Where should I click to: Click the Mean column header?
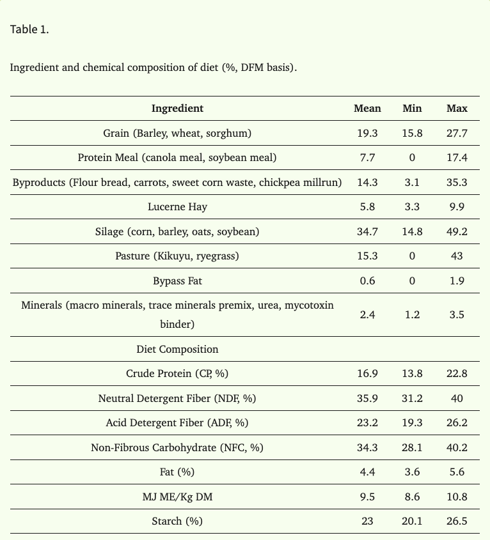coord(367,108)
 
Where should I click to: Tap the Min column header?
coord(412,108)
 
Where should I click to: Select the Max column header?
coord(457,108)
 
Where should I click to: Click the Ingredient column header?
coord(177,109)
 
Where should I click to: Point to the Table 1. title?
coord(29,29)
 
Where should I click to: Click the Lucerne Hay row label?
coord(177,206)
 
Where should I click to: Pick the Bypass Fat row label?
coord(177,281)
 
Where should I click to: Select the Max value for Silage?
coord(457,231)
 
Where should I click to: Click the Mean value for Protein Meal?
coord(367,157)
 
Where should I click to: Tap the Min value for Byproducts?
coord(412,182)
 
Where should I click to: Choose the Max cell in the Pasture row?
coord(457,256)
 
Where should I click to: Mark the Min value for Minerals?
coord(412,314)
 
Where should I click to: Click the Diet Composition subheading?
coord(177,349)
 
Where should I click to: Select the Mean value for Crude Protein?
coord(367,374)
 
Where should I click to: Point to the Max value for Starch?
coord(457,521)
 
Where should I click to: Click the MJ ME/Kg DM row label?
coord(177,497)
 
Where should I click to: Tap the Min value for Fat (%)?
coord(412,472)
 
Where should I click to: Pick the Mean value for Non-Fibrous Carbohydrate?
coord(367,447)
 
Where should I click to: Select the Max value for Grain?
coord(457,133)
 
